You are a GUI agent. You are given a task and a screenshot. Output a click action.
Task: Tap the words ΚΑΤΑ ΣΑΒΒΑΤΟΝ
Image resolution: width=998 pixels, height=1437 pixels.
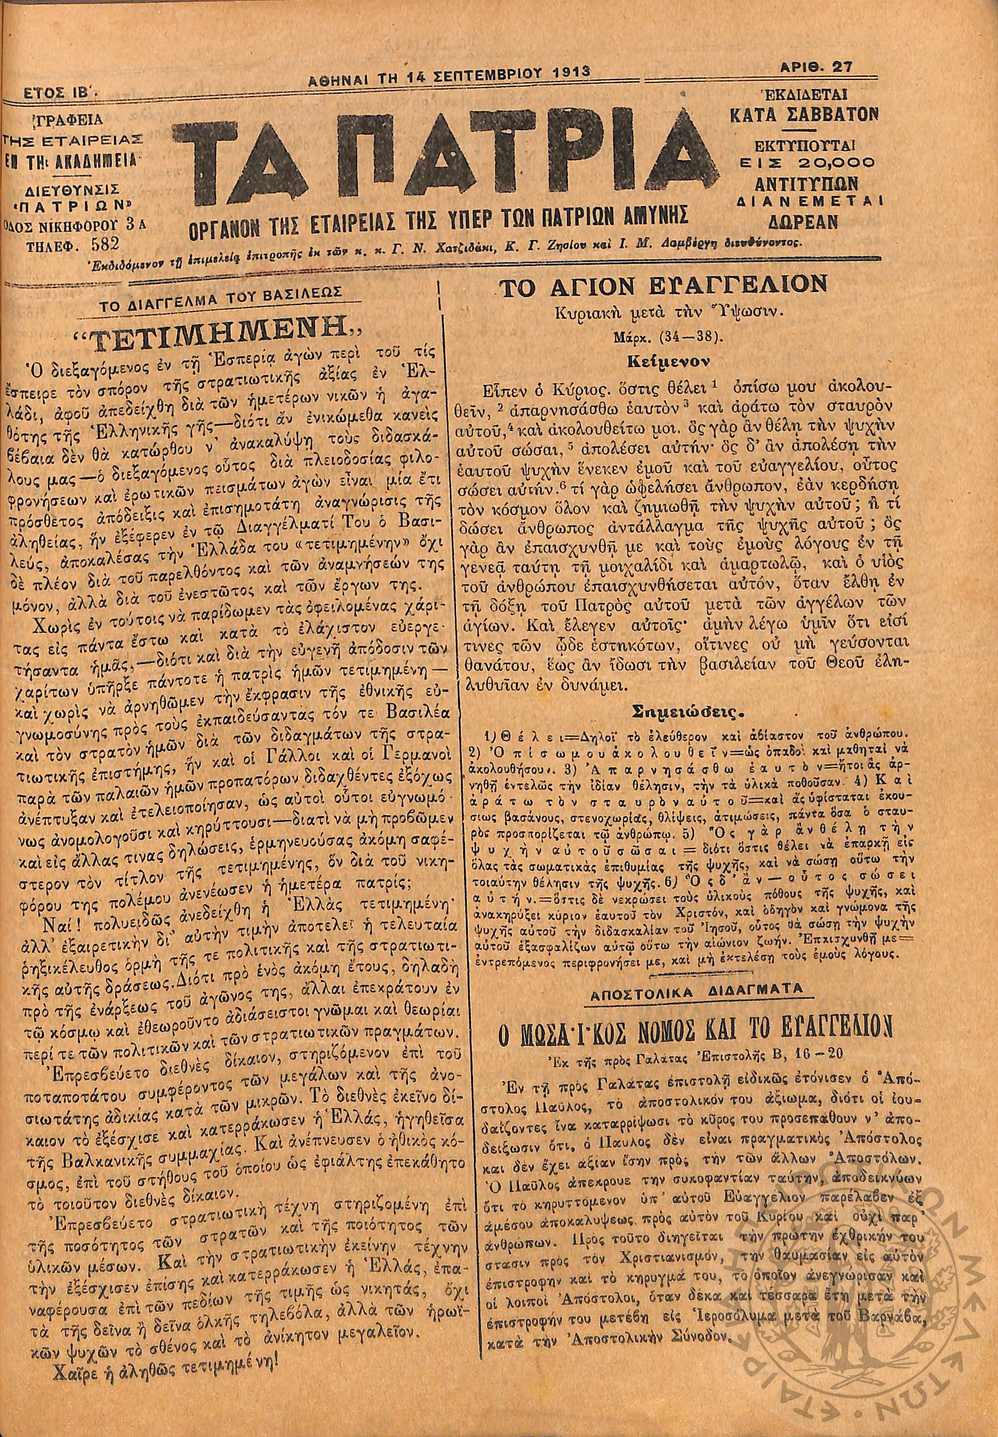pos(803,114)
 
